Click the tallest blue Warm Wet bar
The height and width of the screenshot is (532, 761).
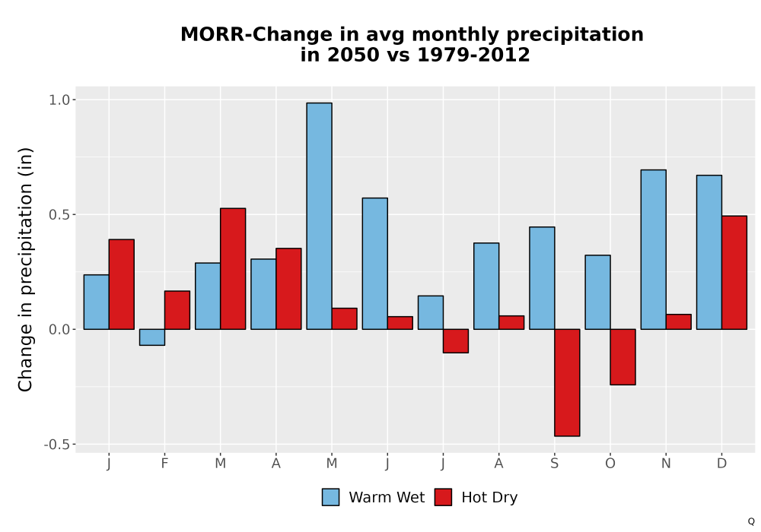pos(320,216)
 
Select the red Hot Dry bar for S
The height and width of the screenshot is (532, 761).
pos(568,383)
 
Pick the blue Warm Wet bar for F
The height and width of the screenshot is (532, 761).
pos(152,337)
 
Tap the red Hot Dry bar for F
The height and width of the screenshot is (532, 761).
pos(177,310)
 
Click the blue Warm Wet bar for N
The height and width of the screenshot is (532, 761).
pos(653,249)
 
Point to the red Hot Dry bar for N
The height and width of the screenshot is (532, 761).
pos(679,321)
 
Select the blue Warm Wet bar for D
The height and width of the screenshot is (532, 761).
pos(709,252)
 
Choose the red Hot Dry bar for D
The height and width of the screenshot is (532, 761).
pos(734,273)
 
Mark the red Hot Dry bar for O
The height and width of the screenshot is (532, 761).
pos(622,357)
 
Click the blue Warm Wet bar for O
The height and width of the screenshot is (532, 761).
pos(597,292)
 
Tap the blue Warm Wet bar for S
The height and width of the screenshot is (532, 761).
pos(542,278)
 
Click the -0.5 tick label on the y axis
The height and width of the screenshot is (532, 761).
pos(58,445)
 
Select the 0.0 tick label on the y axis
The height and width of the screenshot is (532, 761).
pos(60,330)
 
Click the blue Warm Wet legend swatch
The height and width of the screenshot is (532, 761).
pos(330,497)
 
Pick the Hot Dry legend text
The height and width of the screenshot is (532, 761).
pos(489,498)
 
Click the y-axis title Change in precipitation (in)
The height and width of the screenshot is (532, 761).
pos(25,269)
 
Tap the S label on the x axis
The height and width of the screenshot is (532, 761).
pos(555,464)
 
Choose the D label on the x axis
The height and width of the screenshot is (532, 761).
pos(721,464)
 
